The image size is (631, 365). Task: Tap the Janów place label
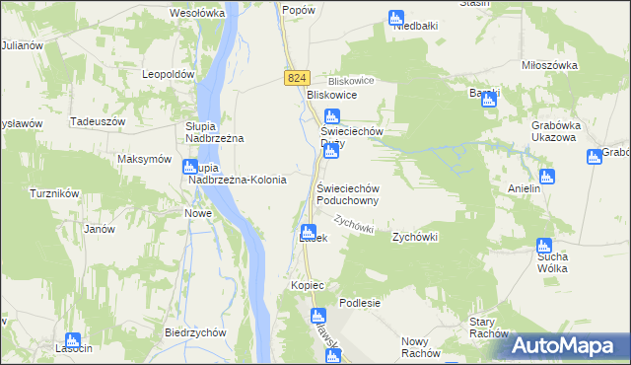tap(100, 229)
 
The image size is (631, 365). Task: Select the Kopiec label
tap(308, 285)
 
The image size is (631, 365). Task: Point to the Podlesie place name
tap(360, 303)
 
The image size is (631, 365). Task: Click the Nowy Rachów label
tap(421, 347)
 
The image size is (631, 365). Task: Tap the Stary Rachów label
tap(487, 328)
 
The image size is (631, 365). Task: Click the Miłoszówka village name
tap(549, 65)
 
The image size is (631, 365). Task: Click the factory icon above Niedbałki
tap(395, 18)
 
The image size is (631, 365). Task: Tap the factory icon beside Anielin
tap(547, 177)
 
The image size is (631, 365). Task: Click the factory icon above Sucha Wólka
tap(542, 245)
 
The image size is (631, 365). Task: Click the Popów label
tap(298, 9)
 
